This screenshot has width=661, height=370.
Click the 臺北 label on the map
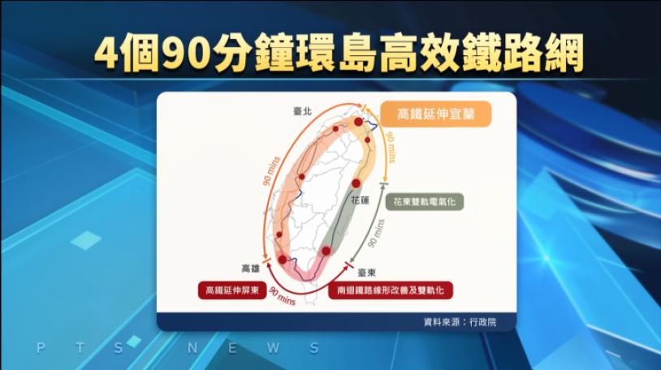[x=302, y=112]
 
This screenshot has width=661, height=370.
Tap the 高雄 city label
[x=250, y=269]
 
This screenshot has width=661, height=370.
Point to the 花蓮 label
[x=360, y=200]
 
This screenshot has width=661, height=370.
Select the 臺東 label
[x=366, y=273]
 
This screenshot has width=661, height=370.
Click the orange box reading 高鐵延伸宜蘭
[x=436, y=114]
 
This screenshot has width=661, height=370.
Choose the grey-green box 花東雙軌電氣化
[x=425, y=202]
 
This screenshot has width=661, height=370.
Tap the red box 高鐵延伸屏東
[x=232, y=290]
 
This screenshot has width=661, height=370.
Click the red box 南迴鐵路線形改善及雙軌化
[x=391, y=290]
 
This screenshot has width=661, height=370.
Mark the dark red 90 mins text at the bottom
[x=283, y=296]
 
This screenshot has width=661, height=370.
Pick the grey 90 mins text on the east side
[x=376, y=233]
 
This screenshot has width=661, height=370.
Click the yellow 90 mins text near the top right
[x=391, y=147]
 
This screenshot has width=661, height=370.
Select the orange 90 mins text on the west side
[x=271, y=171]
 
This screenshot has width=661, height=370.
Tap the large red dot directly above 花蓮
[x=356, y=183]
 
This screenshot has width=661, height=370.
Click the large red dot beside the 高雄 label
[x=282, y=260]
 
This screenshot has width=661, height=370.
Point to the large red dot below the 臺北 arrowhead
[x=358, y=123]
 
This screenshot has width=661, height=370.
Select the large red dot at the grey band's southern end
[x=326, y=252]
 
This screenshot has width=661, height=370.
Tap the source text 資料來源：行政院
[x=460, y=322]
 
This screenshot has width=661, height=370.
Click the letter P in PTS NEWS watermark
[x=41, y=348]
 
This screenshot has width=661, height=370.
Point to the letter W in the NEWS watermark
[x=273, y=348]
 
